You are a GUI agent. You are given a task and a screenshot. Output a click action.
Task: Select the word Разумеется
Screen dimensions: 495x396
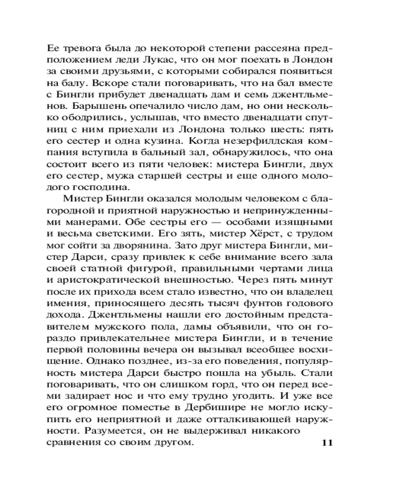pos(109,431)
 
